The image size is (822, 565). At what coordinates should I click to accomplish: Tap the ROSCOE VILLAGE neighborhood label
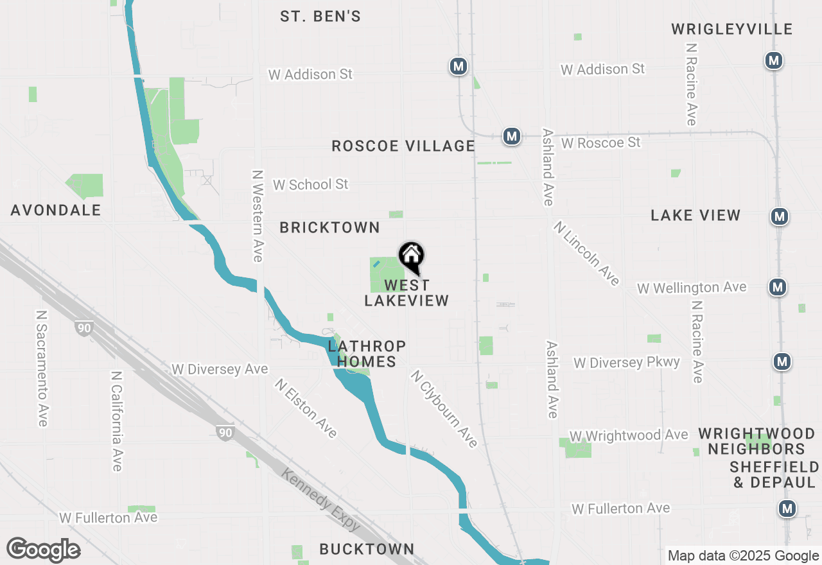403,146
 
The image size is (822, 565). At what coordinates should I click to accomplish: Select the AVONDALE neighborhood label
56,211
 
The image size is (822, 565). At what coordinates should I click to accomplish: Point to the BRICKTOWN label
330,228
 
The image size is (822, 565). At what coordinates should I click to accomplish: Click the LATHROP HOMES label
367,354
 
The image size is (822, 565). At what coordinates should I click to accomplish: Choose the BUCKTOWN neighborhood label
367,549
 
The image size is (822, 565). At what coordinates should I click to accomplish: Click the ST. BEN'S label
320,17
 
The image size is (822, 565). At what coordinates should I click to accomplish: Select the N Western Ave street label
258,216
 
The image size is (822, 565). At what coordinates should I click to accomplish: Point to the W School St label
310,185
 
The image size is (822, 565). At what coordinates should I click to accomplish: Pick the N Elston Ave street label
306,408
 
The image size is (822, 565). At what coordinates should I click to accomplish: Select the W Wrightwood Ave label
628,436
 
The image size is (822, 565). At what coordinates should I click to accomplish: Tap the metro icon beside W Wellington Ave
778,287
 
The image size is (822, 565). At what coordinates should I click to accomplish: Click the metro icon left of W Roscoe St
512,137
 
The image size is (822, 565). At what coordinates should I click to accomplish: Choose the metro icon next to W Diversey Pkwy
782,362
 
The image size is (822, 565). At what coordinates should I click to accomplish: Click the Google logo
43,550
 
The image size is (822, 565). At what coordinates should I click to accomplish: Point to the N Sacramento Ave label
42,369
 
